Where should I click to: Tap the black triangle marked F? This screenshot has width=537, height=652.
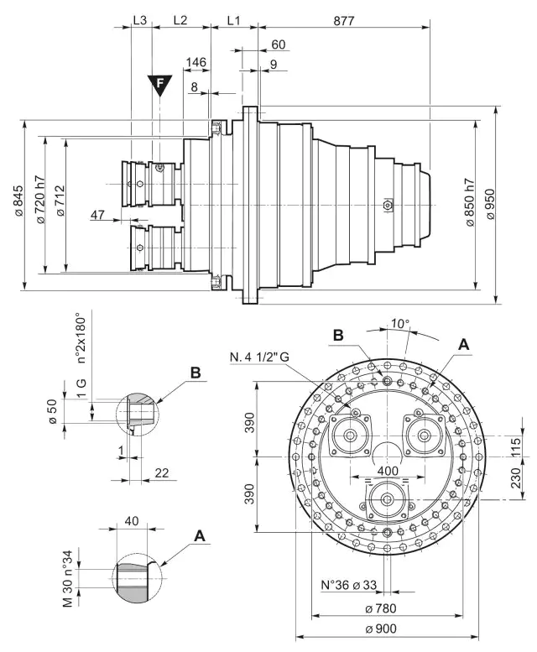(158, 84)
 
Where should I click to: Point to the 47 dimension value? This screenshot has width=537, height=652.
(98, 216)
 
